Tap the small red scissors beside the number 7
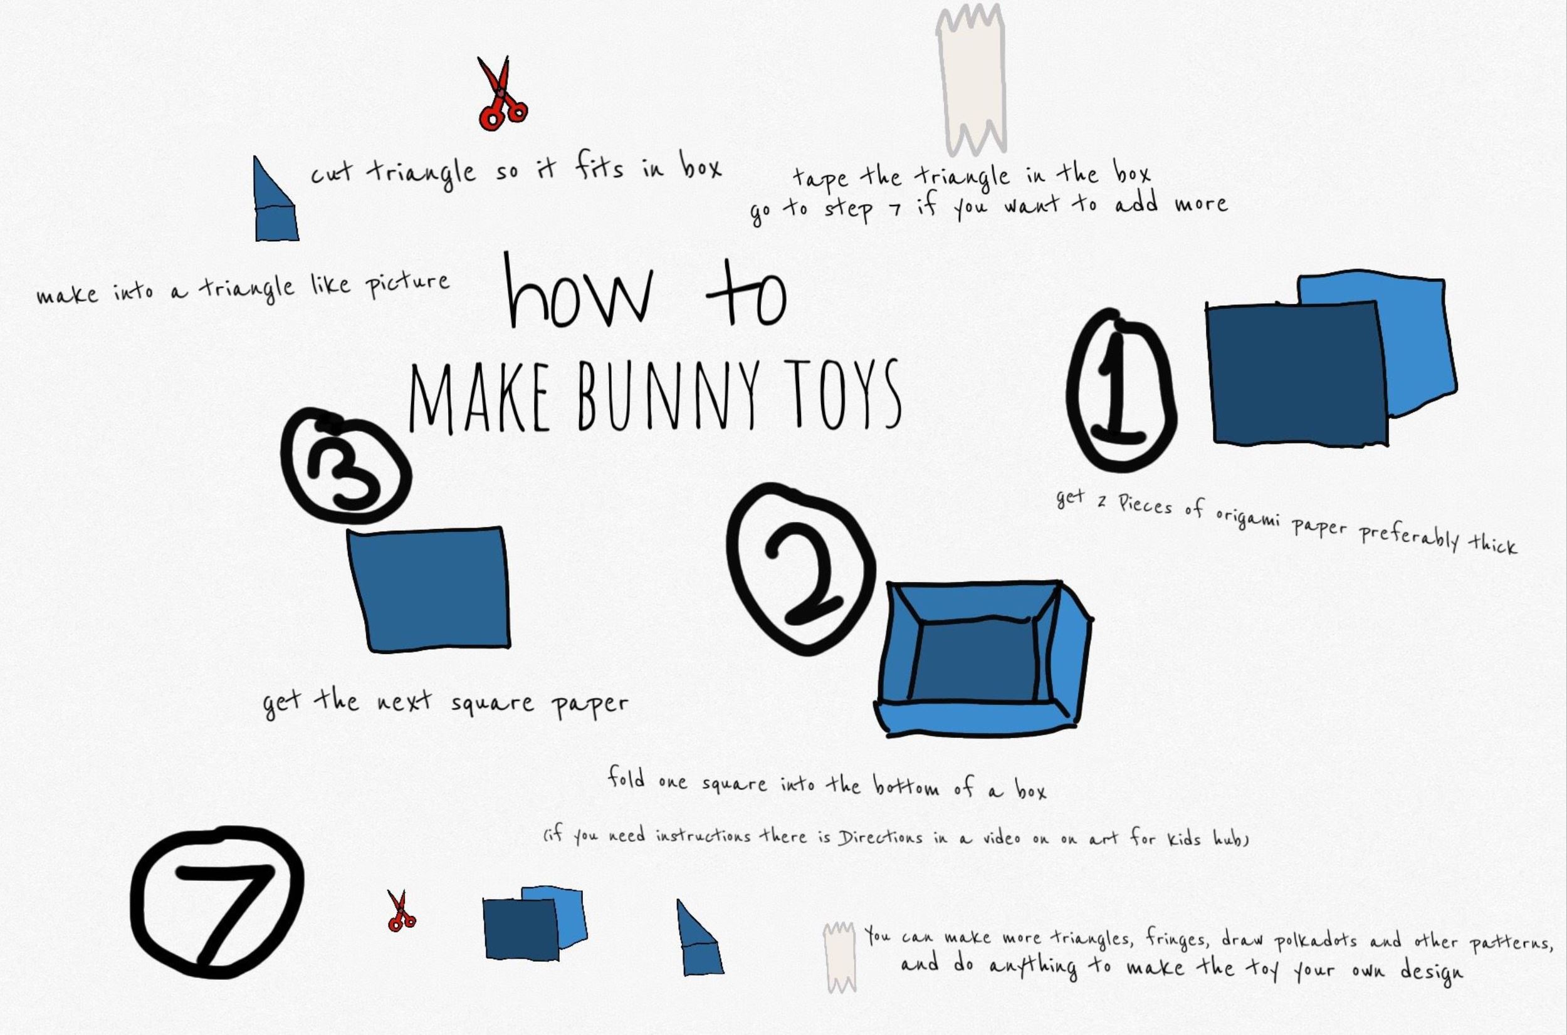click(x=400, y=912)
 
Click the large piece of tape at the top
click(x=971, y=78)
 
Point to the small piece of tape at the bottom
click(x=839, y=957)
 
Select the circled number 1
click(x=1121, y=390)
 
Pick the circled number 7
click(x=217, y=903)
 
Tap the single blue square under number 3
click(x=429, y=589)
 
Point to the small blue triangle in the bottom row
click(x=700, y=937)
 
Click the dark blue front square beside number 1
click(x=1297, y=373)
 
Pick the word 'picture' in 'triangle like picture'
click(x=407, y=284)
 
